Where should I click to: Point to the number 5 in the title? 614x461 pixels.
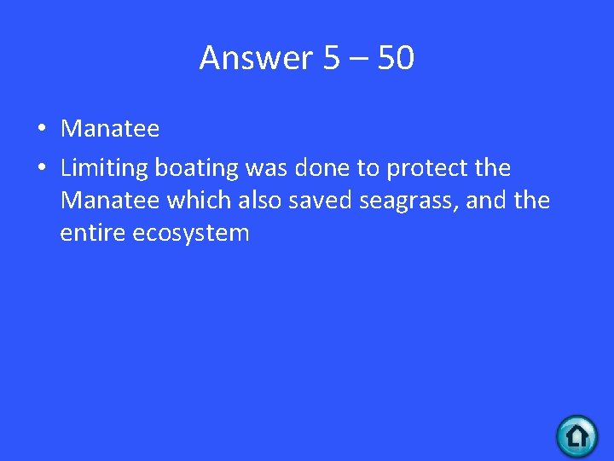click(332, 58)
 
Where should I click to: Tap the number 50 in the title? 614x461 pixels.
click(396, 58)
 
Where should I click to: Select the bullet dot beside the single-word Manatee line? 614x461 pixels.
click(41, 130)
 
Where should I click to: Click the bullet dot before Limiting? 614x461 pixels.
click(41, 168)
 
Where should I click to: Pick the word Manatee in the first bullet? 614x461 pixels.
click(110, 129)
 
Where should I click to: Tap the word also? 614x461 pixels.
click(259, 201)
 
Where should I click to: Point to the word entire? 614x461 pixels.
click(93, 232)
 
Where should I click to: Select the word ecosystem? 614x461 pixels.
click(191, 234)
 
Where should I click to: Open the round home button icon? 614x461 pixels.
click(577, 436)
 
